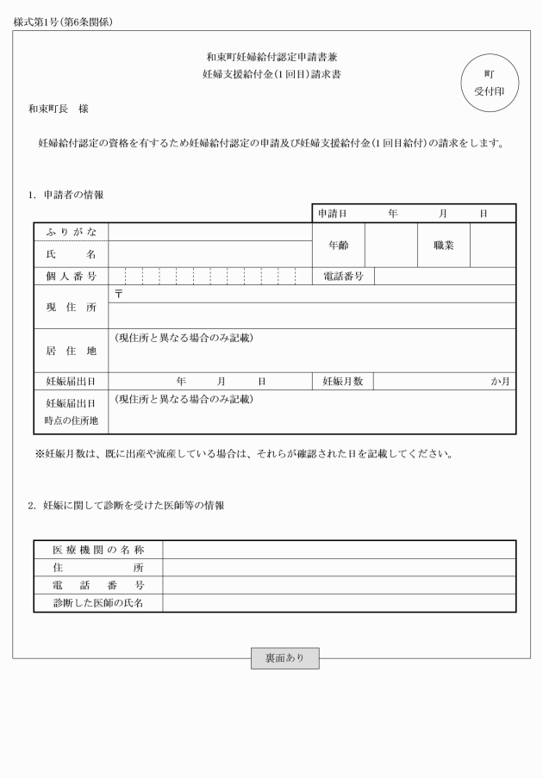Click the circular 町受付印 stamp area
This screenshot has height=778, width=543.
490,83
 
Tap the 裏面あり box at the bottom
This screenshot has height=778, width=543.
284,658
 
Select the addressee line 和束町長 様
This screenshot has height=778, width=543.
58,109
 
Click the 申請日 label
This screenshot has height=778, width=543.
332,213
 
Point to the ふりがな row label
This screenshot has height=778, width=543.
71,232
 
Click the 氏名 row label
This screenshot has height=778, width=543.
71,254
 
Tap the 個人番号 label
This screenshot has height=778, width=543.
71,277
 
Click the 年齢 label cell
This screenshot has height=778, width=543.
338,246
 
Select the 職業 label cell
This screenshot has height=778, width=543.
444,246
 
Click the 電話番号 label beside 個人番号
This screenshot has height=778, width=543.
341,277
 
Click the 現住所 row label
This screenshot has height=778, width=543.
71,308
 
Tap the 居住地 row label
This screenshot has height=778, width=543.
71,351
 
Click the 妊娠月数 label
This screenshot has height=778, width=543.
343,381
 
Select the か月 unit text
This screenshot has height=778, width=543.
501,381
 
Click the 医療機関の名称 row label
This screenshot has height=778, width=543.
98,550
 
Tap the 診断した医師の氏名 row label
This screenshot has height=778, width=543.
98,603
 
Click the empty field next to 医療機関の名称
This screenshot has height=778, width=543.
339,550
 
